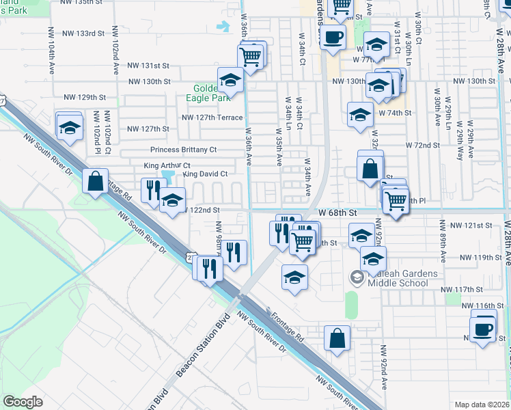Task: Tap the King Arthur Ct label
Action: coord(167,165)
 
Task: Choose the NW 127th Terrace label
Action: coord(212,118)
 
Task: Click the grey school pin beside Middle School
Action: coord(356,277)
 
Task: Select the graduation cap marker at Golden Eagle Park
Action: coord(230,81)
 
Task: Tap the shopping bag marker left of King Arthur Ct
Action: coord(95,181)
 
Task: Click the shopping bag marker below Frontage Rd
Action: coord(337,338)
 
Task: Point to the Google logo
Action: coord(23,402)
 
